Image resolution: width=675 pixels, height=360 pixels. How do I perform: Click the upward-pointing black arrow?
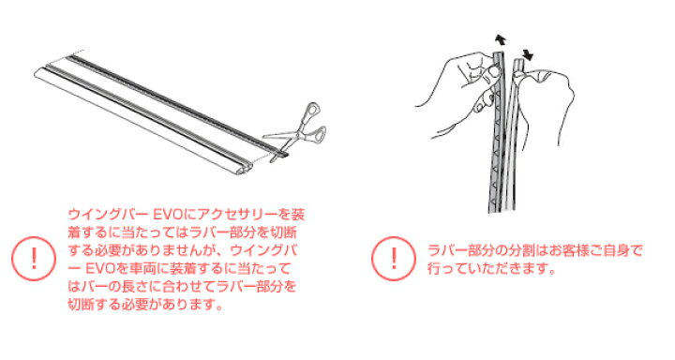pyautogui.click(x=501, y=40)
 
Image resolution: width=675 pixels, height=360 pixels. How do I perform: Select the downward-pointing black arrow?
pyautogui.click(x=528, y=54)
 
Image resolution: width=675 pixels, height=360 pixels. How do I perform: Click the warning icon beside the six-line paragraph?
pyautogui.click(x=34, y=259)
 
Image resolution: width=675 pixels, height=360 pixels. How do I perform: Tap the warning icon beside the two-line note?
pyautogui.click(x=394, y=259)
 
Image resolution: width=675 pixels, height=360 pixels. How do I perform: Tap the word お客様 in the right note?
pyautogui.click(x=570, y=250)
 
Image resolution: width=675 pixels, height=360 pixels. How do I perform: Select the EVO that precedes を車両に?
pyautogui.click(x=100, y=269)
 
